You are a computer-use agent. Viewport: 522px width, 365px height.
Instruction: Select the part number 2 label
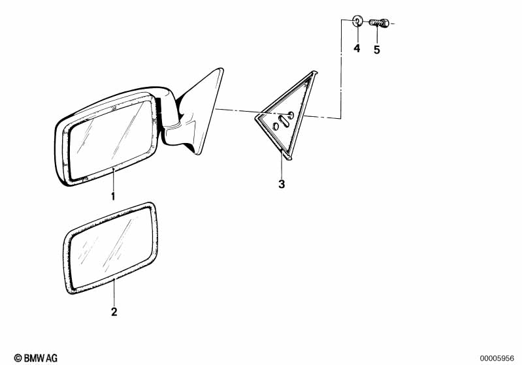click(x=114, y=312)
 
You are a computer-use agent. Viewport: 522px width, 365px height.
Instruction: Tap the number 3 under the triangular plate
click(x=282, y=184)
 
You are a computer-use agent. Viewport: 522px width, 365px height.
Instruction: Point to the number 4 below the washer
click(x=357, y=48)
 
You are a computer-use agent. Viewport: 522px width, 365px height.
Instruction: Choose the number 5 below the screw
click(x=377, y=49)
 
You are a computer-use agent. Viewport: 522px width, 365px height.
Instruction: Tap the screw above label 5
click(x=379, y=24)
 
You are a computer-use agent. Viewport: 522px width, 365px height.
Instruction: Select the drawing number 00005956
click(x=498, y=357)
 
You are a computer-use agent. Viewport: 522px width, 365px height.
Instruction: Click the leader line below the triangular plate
click(x=282, y=165)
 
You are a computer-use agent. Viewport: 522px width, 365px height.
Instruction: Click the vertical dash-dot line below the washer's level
click(x=341, y=72)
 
